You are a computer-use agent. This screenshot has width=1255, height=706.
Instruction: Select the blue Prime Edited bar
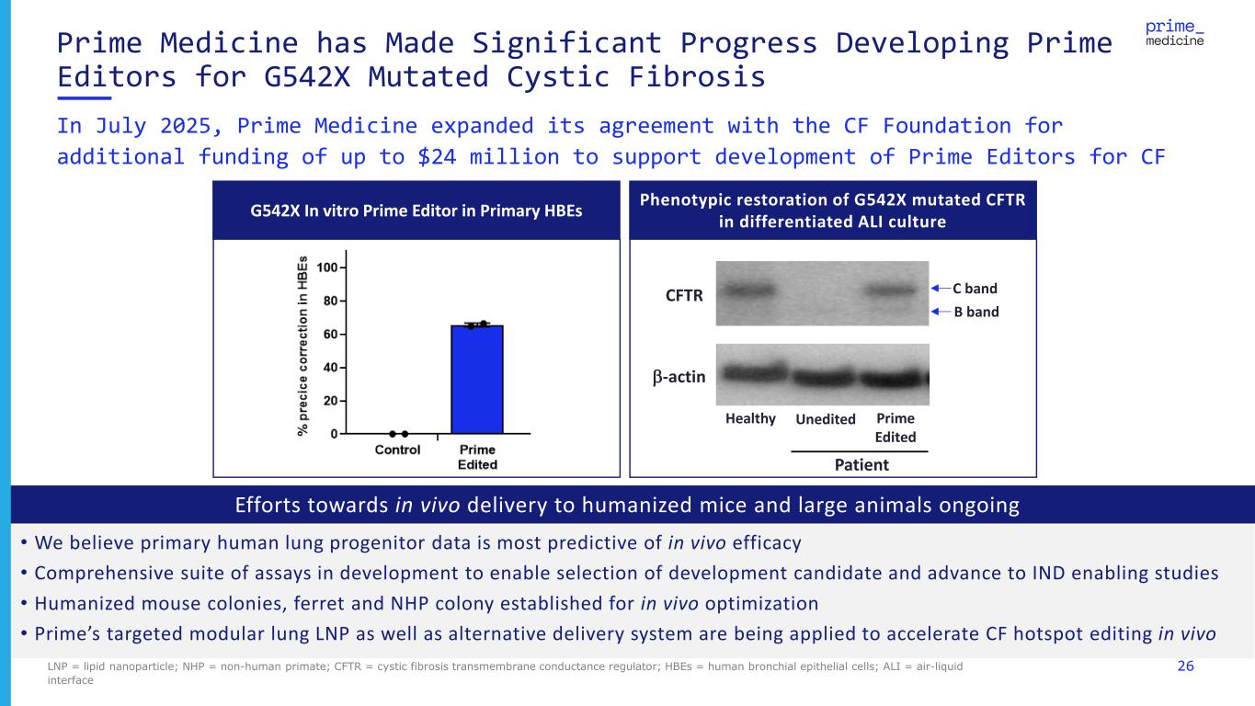[476, 379]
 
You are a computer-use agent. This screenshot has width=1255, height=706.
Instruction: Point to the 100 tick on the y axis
[326, 268]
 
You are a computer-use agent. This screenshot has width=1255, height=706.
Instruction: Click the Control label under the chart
[397, 450]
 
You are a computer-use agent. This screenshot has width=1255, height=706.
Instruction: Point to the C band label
[975, 288]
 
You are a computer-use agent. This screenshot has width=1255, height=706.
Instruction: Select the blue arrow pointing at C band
[938, 288]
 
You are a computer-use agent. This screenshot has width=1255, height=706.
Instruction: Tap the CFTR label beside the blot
[685, 296]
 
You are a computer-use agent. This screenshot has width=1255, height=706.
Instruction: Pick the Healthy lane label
[750, 418]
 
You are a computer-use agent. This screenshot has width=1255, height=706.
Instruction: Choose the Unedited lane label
[825, 419]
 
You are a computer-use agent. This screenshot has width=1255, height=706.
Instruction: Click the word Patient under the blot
[861, 464]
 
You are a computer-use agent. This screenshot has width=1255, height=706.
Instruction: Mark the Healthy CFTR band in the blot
[749, 290]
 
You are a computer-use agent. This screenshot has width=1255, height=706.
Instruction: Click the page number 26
[1185, 666]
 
